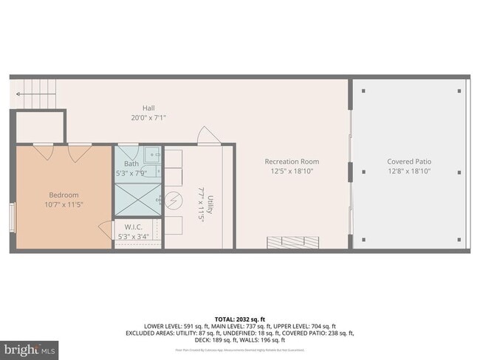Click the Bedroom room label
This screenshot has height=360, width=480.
click(63, 195)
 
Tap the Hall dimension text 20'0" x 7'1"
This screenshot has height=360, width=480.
click(148, 117)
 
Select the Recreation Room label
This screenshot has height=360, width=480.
click(292, 162)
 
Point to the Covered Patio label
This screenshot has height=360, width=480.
click(409, 162)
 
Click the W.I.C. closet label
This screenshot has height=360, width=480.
click(133, 227)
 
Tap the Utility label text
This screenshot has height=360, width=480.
click(210, 204)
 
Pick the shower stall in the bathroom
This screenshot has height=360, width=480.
click(137, 198)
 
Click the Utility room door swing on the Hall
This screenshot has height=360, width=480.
click(207, 136)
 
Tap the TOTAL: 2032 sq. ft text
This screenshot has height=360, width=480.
click(240, 318)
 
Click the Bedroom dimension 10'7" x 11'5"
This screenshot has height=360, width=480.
click(63, 205)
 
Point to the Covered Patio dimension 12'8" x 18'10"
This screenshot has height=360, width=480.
click(409, 171)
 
